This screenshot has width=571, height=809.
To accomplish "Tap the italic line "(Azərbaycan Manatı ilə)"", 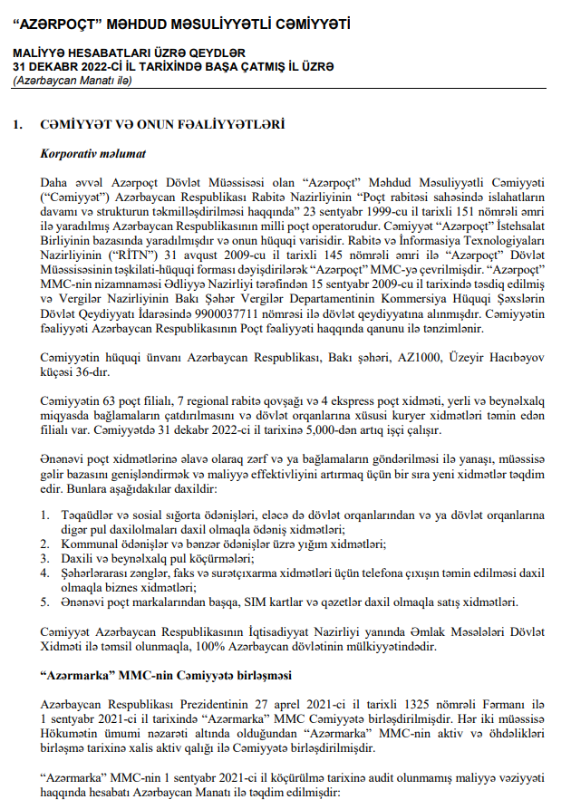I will pyautogui.click(x=73, y=81).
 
